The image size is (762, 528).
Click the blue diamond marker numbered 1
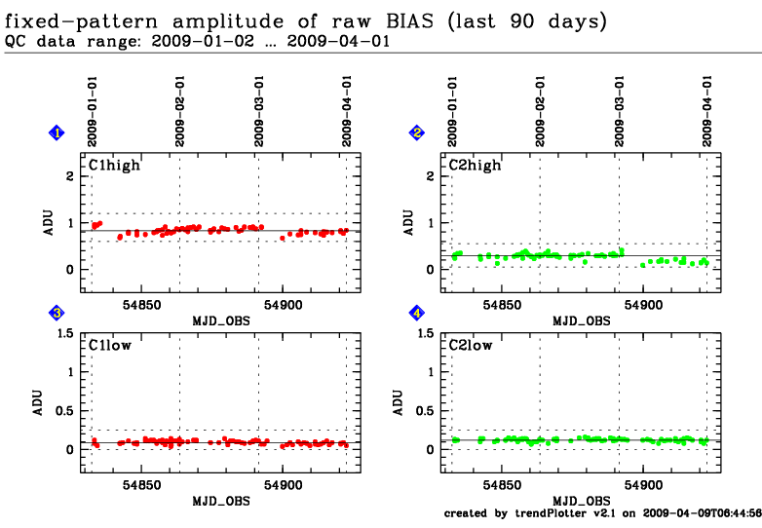click(x=57, y=132)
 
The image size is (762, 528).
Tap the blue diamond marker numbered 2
click(x=417, y=132)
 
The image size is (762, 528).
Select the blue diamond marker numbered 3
click(x=57, y=313)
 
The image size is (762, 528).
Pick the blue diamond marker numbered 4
click(x=417, y=313)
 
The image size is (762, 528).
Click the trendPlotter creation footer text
click(x=602, y=512)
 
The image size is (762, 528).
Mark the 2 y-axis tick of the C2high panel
click(x=430, y=176)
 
